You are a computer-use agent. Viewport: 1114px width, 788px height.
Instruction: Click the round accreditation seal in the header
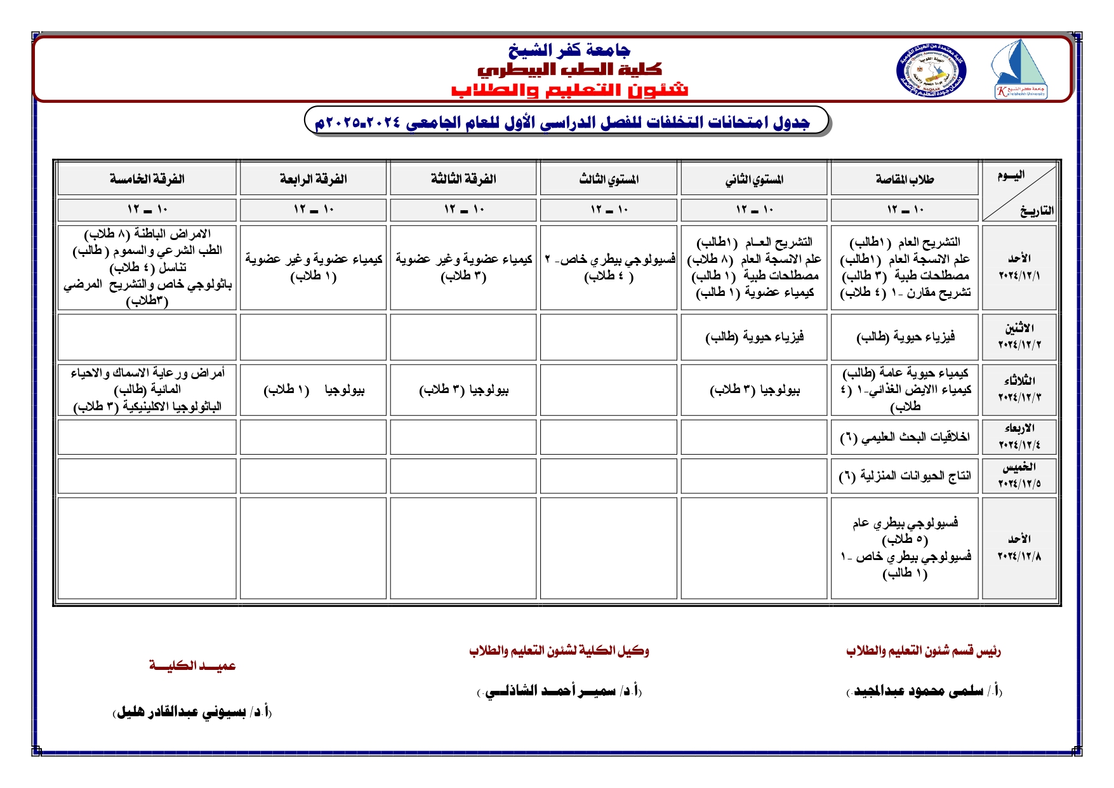point(931,71)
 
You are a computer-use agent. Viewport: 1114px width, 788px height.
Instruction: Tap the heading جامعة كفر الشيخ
point(569,50)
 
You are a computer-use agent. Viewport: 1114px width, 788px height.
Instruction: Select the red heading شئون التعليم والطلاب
point(569,90)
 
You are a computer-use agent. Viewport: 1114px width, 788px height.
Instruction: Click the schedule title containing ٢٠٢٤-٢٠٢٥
point(562,122)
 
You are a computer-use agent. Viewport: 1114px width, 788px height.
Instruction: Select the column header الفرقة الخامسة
point(147,179)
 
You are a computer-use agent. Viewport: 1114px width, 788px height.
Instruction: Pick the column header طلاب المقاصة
point(905,179)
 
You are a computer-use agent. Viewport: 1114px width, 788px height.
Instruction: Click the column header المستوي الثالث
point(609,179)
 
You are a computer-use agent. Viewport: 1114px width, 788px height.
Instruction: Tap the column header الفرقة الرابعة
point(314,179)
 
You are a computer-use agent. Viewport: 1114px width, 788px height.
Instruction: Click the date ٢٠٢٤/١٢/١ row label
point(1019,267)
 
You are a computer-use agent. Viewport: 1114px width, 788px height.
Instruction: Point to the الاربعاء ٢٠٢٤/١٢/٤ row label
point(1019,437)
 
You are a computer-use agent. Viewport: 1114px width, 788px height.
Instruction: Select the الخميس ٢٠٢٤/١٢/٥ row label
point(1019,476)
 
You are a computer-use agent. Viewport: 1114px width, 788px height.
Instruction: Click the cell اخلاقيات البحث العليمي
point(905,437)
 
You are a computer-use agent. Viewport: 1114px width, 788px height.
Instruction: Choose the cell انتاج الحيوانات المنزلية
point(905,476)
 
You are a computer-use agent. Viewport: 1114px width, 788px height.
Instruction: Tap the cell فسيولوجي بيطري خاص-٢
point(609,267)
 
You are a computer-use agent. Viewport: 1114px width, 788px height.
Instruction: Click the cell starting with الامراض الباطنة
point(147,267)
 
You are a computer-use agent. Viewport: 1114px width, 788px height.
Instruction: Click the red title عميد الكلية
point(192,665)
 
